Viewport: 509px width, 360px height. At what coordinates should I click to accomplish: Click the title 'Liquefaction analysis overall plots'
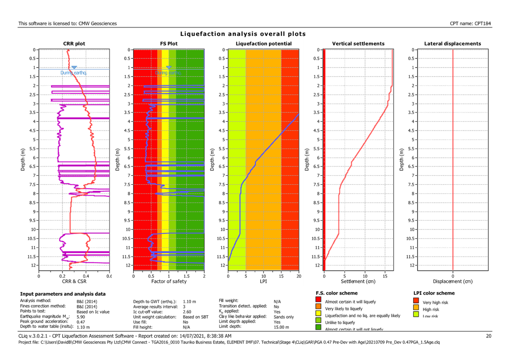click(x=243, y=34)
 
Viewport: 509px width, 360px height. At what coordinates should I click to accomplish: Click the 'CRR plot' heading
click(x=74, y=44)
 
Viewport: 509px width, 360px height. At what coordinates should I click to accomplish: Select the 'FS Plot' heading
click(x=169, y=44)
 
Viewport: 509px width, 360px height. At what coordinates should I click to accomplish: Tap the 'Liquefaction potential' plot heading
click(x=263, y=44)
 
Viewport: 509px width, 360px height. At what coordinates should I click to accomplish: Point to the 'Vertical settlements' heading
click(x=358, y=44)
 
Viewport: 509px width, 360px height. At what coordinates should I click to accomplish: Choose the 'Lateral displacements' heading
click(x=453, y=44)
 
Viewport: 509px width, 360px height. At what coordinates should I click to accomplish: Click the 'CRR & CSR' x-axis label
click(x=74, y=280)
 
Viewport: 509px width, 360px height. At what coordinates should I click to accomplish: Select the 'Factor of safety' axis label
click(x=168, y=280)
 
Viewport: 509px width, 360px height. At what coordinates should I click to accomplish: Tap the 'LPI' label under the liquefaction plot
click(x=263, y=280)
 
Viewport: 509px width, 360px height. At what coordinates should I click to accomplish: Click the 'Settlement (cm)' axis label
click(x=358, y=280)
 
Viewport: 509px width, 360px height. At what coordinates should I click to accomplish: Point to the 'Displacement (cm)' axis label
click(x=453, y=280)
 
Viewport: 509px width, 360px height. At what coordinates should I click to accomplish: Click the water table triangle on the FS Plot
click(x=169, y=68)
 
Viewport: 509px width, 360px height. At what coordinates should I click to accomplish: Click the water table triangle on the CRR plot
click(x=74, y=68)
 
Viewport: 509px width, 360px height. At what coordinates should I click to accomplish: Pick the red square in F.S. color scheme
click(x=319, y=302)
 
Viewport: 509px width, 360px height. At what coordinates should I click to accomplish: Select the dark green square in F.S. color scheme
click(x=319, y=327)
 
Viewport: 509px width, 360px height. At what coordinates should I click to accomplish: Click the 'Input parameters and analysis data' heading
click(x=63, y=293)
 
